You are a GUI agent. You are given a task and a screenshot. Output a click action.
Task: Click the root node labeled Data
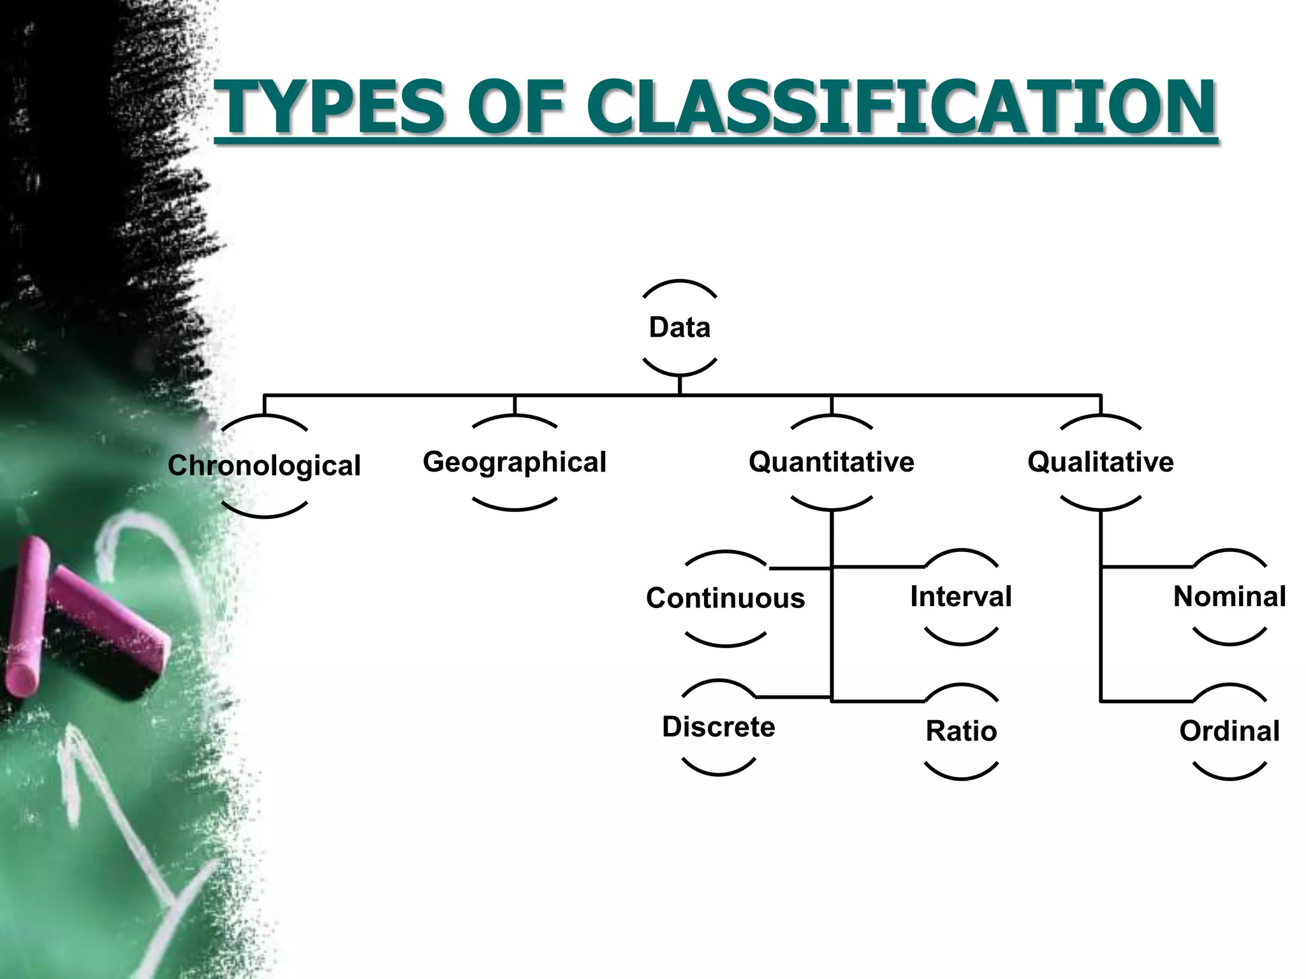(x=680, y=328)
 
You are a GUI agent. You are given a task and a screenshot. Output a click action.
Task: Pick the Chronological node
(x=264, y=465)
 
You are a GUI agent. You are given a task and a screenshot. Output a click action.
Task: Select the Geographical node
(x=515, y=462)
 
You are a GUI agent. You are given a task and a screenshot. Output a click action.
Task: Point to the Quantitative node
(x=832, y=462)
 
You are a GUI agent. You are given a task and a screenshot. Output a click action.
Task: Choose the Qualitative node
(x=1101, y=462)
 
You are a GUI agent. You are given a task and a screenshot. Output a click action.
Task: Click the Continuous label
(x=726, y=598)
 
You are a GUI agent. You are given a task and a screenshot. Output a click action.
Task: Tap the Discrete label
(x=719, y=727)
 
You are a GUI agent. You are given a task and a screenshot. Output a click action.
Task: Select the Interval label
(x=961, y=597)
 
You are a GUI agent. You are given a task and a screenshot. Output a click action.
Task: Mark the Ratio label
(x=961, y=731)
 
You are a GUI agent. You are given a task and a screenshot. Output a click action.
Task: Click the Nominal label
(x=1229, y=597)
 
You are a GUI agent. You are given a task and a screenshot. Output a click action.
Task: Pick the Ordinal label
(x=1229, y=731)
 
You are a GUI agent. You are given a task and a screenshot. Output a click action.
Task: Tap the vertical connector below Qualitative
(x=1101, y=631)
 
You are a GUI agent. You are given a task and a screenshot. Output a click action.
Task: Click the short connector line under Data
(x=680, y=386)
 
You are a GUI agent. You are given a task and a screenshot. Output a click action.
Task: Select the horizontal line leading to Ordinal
(x=1147, y=701)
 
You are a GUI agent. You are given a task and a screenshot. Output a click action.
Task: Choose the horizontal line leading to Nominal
(x=1147, y=566)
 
